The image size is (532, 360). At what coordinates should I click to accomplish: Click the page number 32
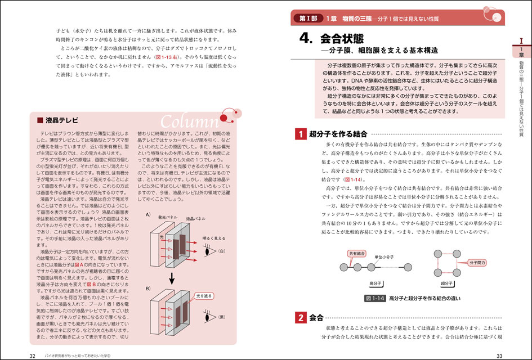(x=33, y=355)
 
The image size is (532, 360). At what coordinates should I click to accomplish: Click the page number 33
(x=498, y=355)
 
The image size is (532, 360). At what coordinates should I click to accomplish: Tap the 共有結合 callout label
(x=357, y=254)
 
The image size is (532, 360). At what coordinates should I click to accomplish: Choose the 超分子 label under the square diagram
(x=448, y=283)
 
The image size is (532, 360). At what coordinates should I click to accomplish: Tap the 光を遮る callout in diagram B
(x=203, y=294)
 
